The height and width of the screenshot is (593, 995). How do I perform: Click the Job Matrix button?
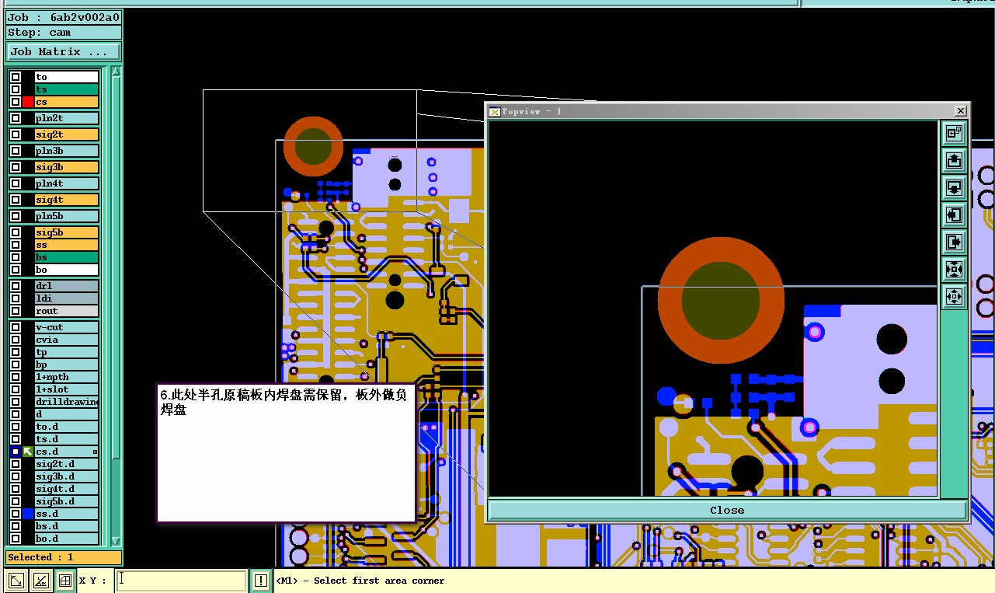[63, 51]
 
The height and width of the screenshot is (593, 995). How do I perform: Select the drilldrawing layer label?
[67, 402]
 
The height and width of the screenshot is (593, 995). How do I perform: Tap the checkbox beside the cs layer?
[16, 102]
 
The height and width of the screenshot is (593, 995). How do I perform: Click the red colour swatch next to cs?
[28, 102]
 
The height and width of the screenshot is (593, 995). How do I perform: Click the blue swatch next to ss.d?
[28, 514]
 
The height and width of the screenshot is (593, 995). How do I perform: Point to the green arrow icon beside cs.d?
[28, 452]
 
